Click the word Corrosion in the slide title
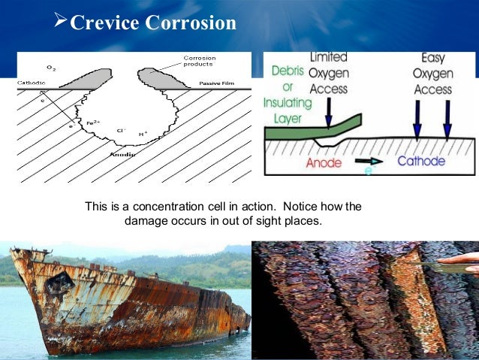point(191,23)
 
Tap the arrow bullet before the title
point(62,22)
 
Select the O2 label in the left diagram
point(50,69)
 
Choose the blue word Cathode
point(421,161)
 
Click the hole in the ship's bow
point(60,283)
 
